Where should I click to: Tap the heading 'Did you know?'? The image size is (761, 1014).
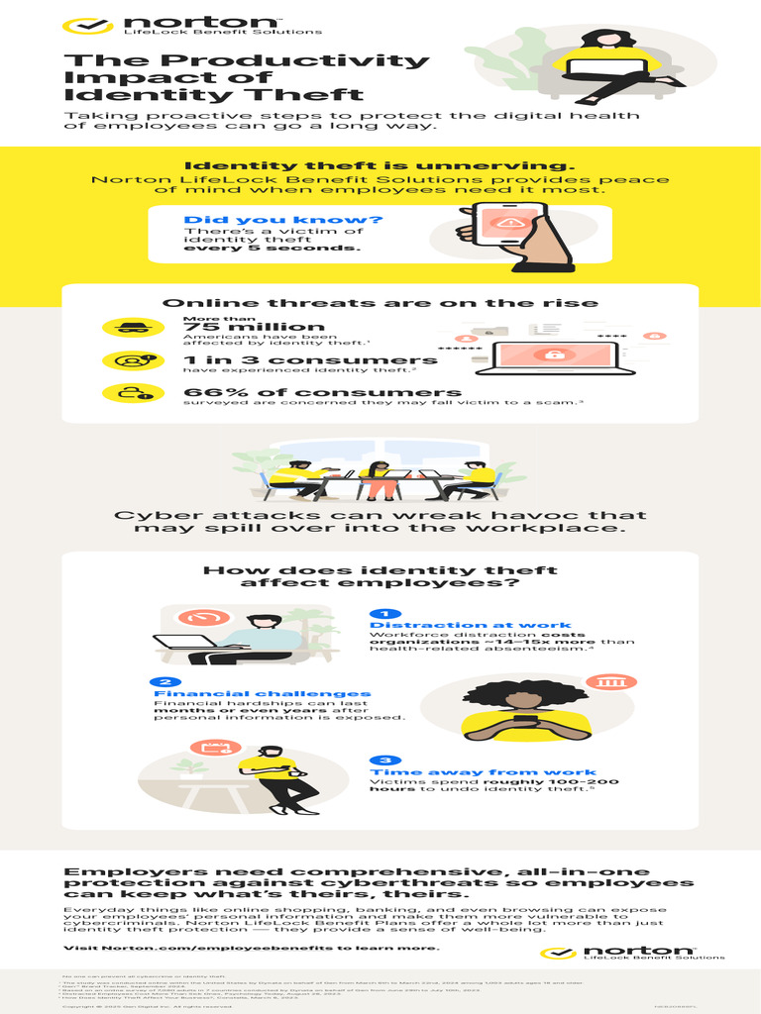(x=236, y=219)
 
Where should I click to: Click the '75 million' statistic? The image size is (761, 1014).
(x=254, y=327)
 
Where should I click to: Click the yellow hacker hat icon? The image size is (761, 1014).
(x=126, y=328)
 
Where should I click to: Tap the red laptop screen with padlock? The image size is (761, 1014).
(x=544, y=355)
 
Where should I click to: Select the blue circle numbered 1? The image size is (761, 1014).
(x=384, y=615)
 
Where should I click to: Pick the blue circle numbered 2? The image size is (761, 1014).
(x=164, y=682)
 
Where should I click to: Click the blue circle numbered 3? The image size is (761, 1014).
(x=384, y=760)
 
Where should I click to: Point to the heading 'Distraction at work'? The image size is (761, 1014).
(x=470, y=626)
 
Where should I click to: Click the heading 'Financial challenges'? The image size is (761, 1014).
(x=263, y=693)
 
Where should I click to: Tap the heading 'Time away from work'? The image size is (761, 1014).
(x=483, y=771)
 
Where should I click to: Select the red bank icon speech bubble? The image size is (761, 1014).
(x=603, y=682)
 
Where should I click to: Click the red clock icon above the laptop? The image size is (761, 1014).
(x=202, y=618)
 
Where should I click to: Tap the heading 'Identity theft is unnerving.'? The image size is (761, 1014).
(x=380, y=165)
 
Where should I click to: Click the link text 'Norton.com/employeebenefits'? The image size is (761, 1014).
(x=194, y=947)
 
